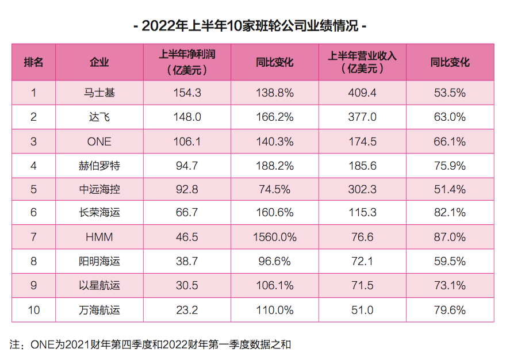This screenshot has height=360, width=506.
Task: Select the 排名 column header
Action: coord(33,62)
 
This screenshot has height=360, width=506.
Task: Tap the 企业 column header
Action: coord(99,62)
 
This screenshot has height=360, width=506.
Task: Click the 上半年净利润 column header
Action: coord(187,62)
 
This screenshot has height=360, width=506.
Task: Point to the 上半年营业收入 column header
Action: coord(362,62)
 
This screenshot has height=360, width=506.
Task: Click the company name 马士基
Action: coord(99,93)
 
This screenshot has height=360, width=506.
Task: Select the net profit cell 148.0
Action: coord(187,117)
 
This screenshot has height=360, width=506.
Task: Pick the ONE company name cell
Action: coord(99,141)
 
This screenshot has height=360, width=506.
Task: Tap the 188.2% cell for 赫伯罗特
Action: coord(275,166)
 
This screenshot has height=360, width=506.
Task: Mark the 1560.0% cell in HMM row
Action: coord(275,237)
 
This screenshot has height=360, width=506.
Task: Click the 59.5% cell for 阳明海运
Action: coord(450,261)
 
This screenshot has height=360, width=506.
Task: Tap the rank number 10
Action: coord(33,310)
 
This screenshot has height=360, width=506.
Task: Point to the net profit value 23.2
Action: coord(187,310)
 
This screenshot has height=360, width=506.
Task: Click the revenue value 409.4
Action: coord(362,93)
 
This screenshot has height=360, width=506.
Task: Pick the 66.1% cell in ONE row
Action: coord(450,141)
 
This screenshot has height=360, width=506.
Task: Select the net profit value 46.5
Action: coord(187,237)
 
